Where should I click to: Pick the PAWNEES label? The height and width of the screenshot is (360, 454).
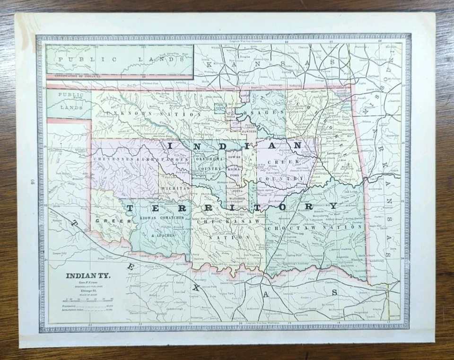click(x=251, y=131)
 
